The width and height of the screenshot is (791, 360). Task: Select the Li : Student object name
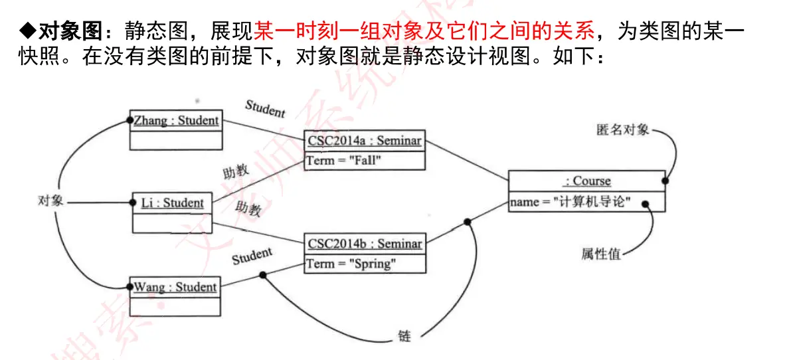(173, 203)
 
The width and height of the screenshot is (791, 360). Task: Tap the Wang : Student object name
(175, 287)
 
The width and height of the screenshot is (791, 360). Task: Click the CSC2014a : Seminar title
(365, 141)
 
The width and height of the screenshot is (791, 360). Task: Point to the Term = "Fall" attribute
(344, 160)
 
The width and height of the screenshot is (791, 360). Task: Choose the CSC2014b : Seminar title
(365, 244)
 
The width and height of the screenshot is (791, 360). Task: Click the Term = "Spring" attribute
(350, 264)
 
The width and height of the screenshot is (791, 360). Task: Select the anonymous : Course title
(587, 181)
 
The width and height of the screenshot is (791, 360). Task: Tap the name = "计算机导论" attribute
(570, 202)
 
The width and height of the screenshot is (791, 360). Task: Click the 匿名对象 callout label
(622, 130)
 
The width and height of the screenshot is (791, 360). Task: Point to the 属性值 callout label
(601, 254)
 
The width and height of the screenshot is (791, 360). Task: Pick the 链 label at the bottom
(404, 336)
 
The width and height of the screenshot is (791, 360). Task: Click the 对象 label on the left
(51, 201)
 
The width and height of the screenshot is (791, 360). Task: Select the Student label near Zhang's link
(265, 108)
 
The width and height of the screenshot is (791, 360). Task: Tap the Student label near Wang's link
(252, 256)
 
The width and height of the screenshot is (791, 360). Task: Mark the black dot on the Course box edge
(664, 180)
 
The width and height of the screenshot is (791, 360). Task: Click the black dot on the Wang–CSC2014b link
(263, 274)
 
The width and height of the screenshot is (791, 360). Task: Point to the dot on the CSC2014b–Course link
(468, 222)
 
